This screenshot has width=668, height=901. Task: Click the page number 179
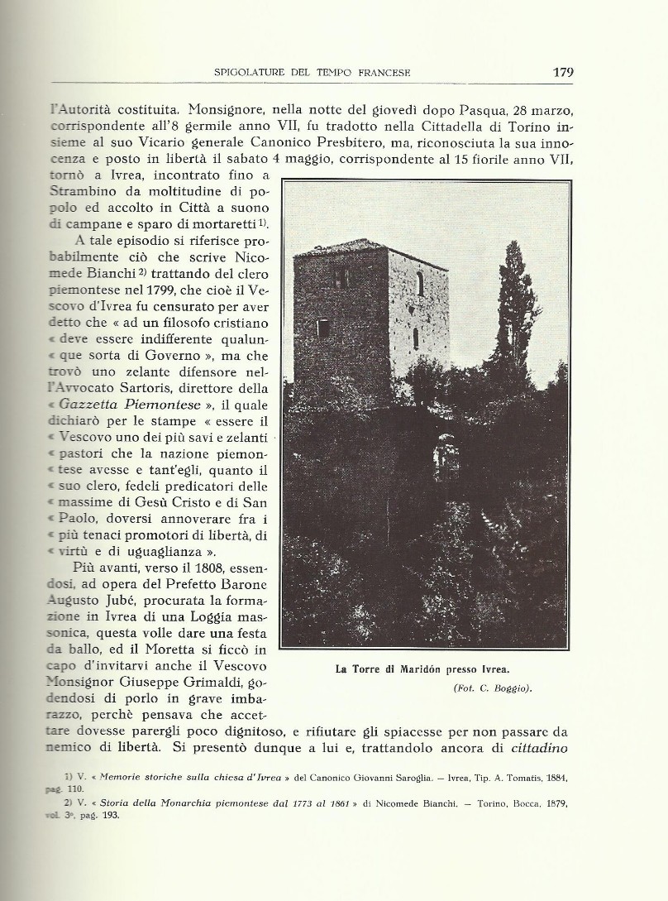click(562, 72)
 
